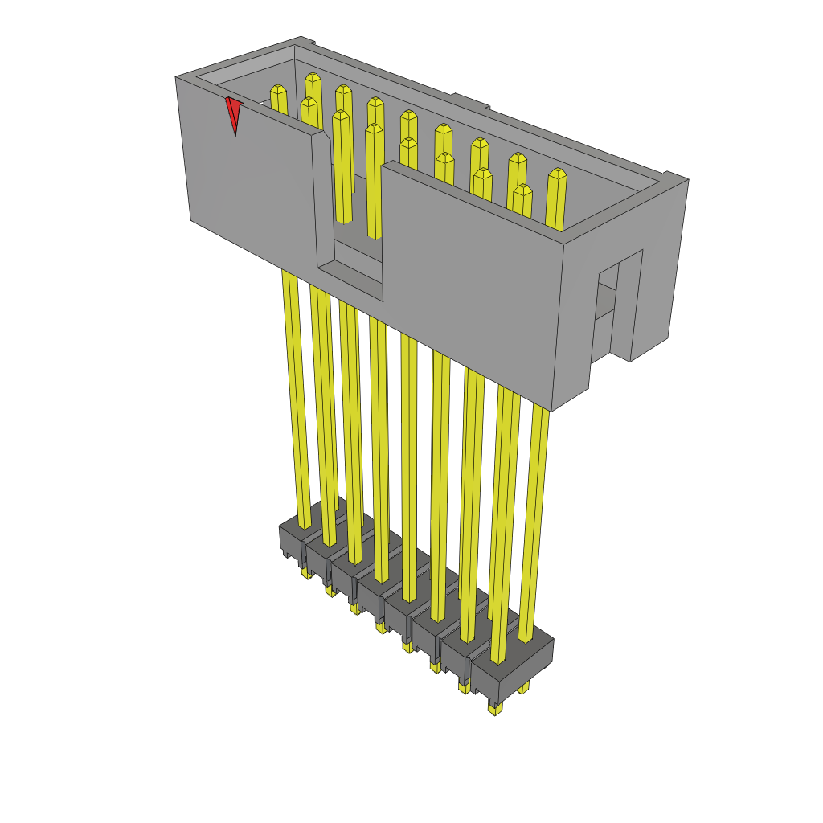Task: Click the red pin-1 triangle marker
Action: (233, 113)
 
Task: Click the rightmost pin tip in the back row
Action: (556, 174)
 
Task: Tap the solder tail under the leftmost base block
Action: (305, 573)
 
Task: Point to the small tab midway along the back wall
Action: (470, 101)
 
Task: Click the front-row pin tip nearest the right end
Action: (522, 190)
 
